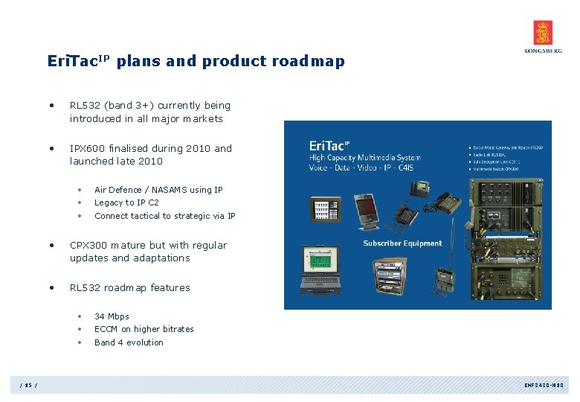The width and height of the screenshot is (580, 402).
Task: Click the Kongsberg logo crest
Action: [543, 33]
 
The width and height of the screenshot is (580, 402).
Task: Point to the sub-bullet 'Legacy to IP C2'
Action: [126, 202]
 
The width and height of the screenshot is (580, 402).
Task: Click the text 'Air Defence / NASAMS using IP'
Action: [158, 190]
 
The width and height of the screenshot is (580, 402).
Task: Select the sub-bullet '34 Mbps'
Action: [112, 316]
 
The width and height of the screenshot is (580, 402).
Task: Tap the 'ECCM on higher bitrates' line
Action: [144, 329]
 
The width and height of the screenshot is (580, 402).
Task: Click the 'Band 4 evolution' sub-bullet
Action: [129, 342]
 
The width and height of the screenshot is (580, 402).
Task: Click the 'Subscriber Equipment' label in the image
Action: [402, 243]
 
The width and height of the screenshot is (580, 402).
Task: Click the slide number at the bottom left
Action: [29, 385]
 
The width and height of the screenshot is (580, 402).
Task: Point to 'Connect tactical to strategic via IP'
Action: [164, 216]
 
